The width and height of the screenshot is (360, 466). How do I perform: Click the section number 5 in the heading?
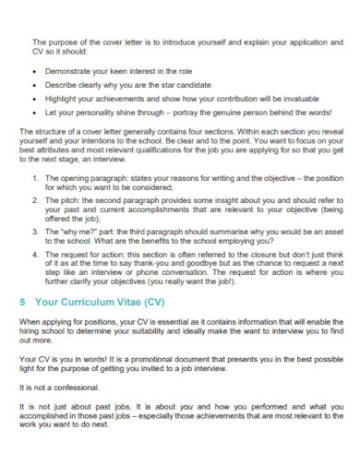point(22,301)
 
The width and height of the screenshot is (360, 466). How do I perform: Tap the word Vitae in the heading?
point(120,301)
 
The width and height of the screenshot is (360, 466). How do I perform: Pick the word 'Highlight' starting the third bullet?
point(61,96)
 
